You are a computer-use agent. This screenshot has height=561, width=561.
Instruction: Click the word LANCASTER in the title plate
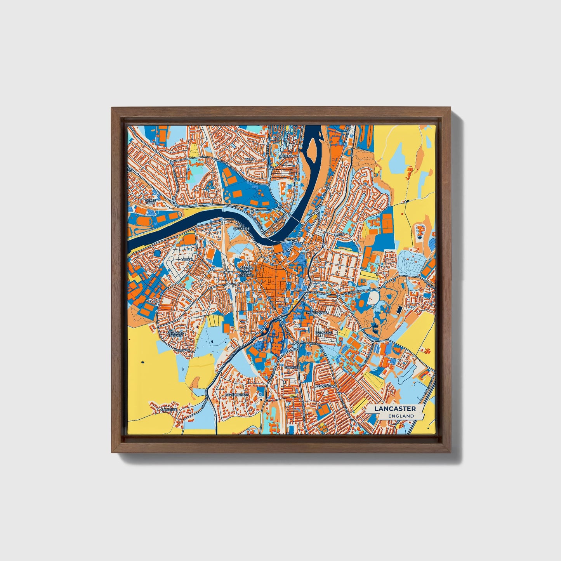[395, 409]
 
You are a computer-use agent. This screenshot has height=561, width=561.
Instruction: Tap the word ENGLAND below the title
[401, 416]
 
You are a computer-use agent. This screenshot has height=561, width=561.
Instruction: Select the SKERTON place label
[287, 156]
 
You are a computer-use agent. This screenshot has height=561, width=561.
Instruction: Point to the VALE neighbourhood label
[249, 159]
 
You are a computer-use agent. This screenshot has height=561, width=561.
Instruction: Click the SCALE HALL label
[149, 201]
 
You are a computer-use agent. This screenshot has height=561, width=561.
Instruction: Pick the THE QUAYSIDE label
[241, 227]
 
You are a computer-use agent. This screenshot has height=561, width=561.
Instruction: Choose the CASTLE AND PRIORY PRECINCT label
[246, 271]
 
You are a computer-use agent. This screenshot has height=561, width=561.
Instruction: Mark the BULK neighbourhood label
[340, 235]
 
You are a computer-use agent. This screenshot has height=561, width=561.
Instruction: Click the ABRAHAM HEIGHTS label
[175, 335]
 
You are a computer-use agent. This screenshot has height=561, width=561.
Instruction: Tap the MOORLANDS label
[317, 313]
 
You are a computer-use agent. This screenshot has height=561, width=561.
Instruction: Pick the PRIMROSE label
[323, 333]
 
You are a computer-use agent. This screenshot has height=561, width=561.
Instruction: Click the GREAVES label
[292, 367]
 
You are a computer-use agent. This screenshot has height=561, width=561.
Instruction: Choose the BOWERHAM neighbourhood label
[325, 386]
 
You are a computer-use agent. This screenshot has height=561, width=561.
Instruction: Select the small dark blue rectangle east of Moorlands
[398, 310]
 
